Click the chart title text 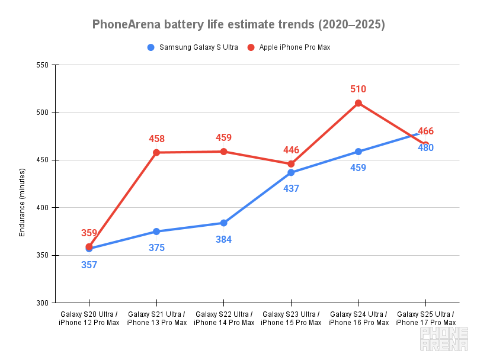238,24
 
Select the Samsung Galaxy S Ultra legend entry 193,47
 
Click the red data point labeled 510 358,103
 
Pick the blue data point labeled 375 156,232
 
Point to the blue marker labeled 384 224,223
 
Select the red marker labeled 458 156,152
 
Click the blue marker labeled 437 291,173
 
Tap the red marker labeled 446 291,164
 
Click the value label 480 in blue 425,147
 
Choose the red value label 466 425,131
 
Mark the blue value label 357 89,265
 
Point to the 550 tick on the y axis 43,65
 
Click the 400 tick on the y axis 43,208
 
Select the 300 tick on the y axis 43,303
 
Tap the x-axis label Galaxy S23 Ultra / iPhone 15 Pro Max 291,318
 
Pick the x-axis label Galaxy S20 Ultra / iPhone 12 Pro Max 89,318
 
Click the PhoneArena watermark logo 444,340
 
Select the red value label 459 223,137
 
